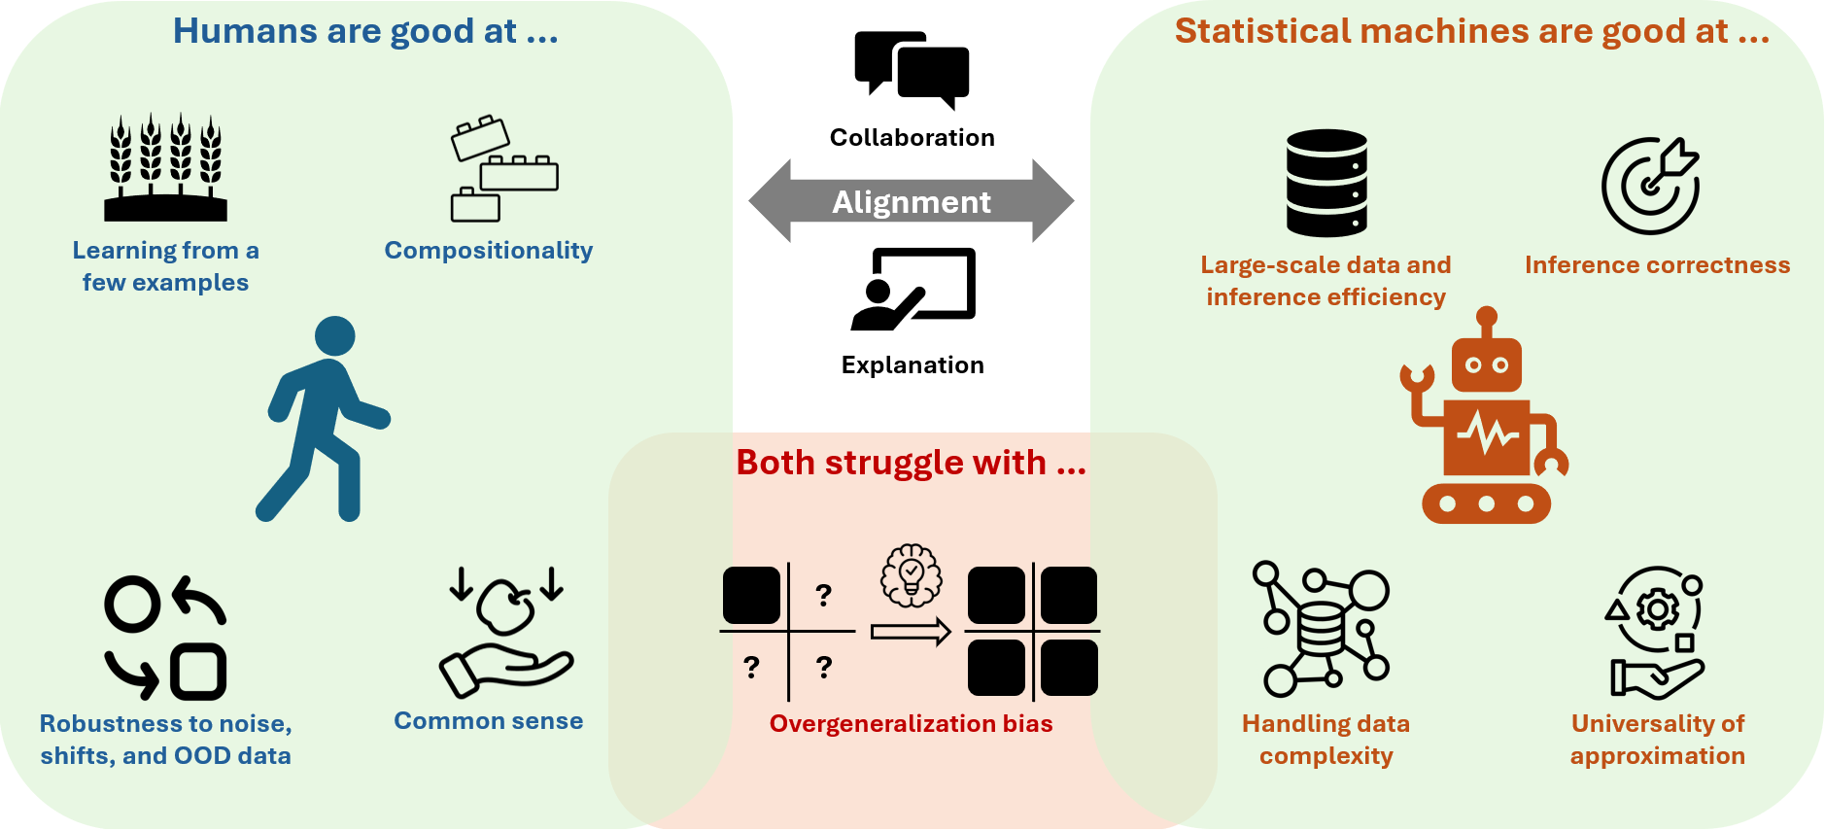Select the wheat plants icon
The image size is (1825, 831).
coord(165,167)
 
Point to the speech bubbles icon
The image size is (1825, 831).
coord(912,70)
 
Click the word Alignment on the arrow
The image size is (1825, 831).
coord(912,202)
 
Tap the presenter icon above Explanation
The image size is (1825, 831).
coord(912,289)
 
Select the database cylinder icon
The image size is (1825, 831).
coord(1326,183)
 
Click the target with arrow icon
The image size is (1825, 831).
coord(1651,185)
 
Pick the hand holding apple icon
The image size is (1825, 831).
coord(506,633)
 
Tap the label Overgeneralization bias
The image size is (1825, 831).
coord(911,724)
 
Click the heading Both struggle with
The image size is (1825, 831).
coord(911,463)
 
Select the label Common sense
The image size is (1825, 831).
coord(488,721)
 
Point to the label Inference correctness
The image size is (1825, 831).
coord(1657,265)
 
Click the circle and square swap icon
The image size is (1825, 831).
coord(165,638)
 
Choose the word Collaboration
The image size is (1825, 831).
coord(912,138)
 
